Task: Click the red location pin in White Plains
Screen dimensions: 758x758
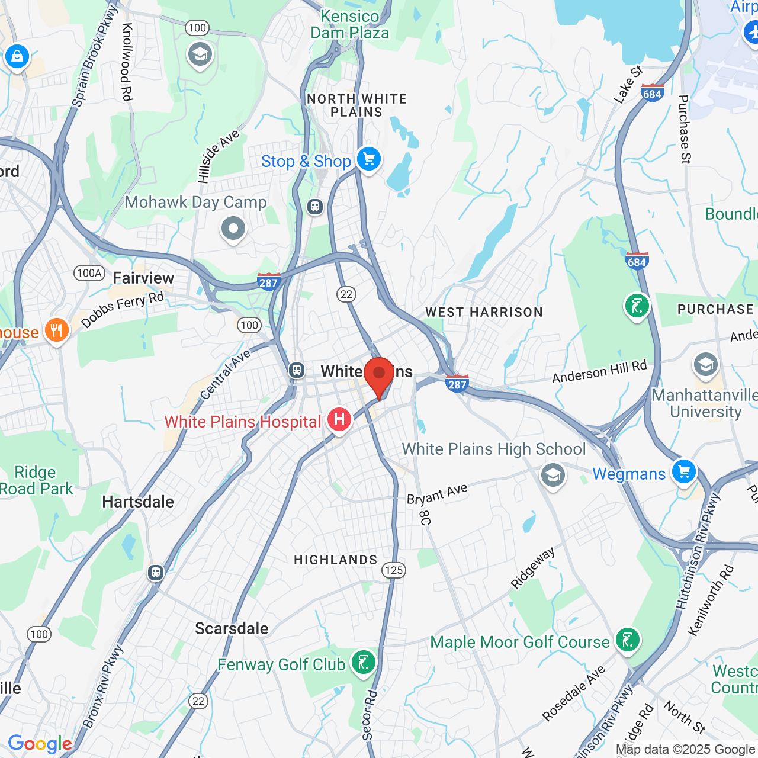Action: [x=379, y=375]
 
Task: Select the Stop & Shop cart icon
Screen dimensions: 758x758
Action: [x=368, y=159]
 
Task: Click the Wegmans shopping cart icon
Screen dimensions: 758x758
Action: [x=684, y=472]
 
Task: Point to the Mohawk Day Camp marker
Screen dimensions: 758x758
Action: [x=233, y=229]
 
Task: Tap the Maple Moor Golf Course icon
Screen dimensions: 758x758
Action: [x=627, y=640]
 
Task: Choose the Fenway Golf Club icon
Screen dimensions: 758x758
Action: [x=362, y=662]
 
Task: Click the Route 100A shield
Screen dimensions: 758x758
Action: [x=89, y=273]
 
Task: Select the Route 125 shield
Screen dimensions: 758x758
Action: [x=394, y=570]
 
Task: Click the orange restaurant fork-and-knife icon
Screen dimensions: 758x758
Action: [x=57, y=330]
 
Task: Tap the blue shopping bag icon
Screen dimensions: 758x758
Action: [x=17, y=57]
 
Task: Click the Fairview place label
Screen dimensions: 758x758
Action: [x=143, y=278]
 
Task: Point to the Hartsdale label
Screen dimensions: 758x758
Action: [x=138, y=502]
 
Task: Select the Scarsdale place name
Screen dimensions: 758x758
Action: [x=232, y=629]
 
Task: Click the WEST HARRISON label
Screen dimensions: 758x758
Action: [x=484, y=313]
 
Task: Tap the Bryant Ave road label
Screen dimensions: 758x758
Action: [x=437, y=494]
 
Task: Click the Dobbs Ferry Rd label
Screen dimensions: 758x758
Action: [x=123, y=310]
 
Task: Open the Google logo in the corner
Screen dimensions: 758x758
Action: [x=40, y=744]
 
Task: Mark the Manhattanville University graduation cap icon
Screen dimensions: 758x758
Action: [x=705, y=365]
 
